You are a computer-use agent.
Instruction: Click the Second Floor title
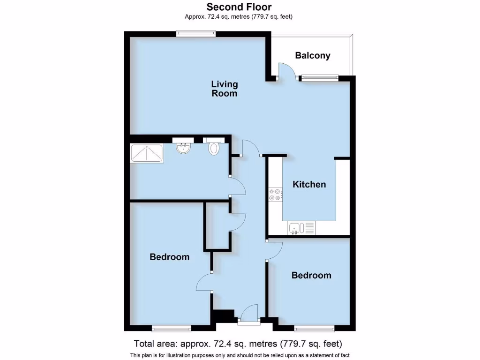[x=239, y=7]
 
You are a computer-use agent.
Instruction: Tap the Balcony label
[x=313, y=55]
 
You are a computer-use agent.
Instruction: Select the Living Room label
[x=225, y=89]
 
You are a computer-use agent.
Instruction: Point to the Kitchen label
[x=309, y=184]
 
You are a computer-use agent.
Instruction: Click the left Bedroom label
[x=170, y=257]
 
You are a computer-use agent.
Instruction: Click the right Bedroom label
[x=311, y=275]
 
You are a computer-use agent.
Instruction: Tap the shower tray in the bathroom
[x=147, y=153]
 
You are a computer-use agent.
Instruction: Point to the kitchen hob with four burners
[x=275, y=195]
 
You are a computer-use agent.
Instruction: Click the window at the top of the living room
[x=196, y=33]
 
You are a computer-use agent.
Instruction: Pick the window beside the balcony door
[x=320, y=78]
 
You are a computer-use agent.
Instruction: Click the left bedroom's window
[x=171, y=328]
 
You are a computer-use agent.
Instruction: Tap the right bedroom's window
[x=314, y=328]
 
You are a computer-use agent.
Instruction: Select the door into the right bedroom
[x=274, y=251]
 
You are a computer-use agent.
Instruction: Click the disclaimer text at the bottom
[x=240, y=355]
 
